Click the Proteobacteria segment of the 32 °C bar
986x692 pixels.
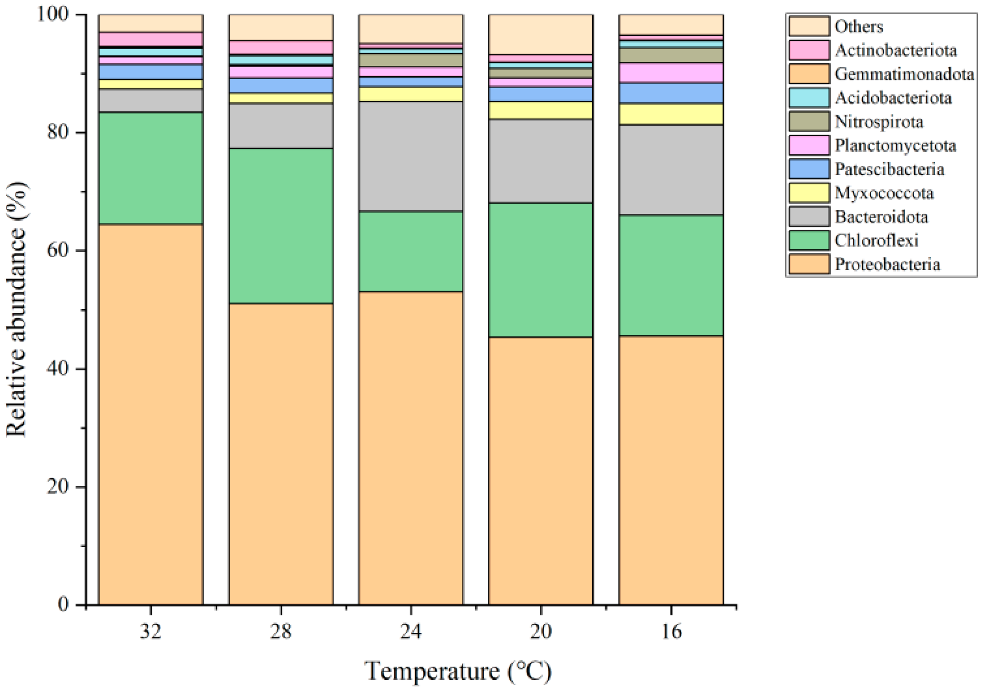point(151,413)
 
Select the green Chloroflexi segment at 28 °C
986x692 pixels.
point(281,226)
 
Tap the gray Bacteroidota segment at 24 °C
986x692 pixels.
point(411,156)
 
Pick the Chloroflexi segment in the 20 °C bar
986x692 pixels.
point(540,270)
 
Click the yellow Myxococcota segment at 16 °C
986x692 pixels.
point(671,114)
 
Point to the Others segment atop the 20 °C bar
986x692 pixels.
point(540,34)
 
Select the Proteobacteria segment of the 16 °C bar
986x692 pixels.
point(671,470)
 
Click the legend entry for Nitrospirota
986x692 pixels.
point(878,122)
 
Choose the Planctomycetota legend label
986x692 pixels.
point(895,145)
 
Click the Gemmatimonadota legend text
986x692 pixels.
point(904,74)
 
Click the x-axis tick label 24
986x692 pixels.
point(411,632)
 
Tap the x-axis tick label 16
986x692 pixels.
point(671,632)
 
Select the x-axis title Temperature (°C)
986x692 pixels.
point(458,671)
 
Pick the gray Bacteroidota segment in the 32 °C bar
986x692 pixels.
point(151,100)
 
